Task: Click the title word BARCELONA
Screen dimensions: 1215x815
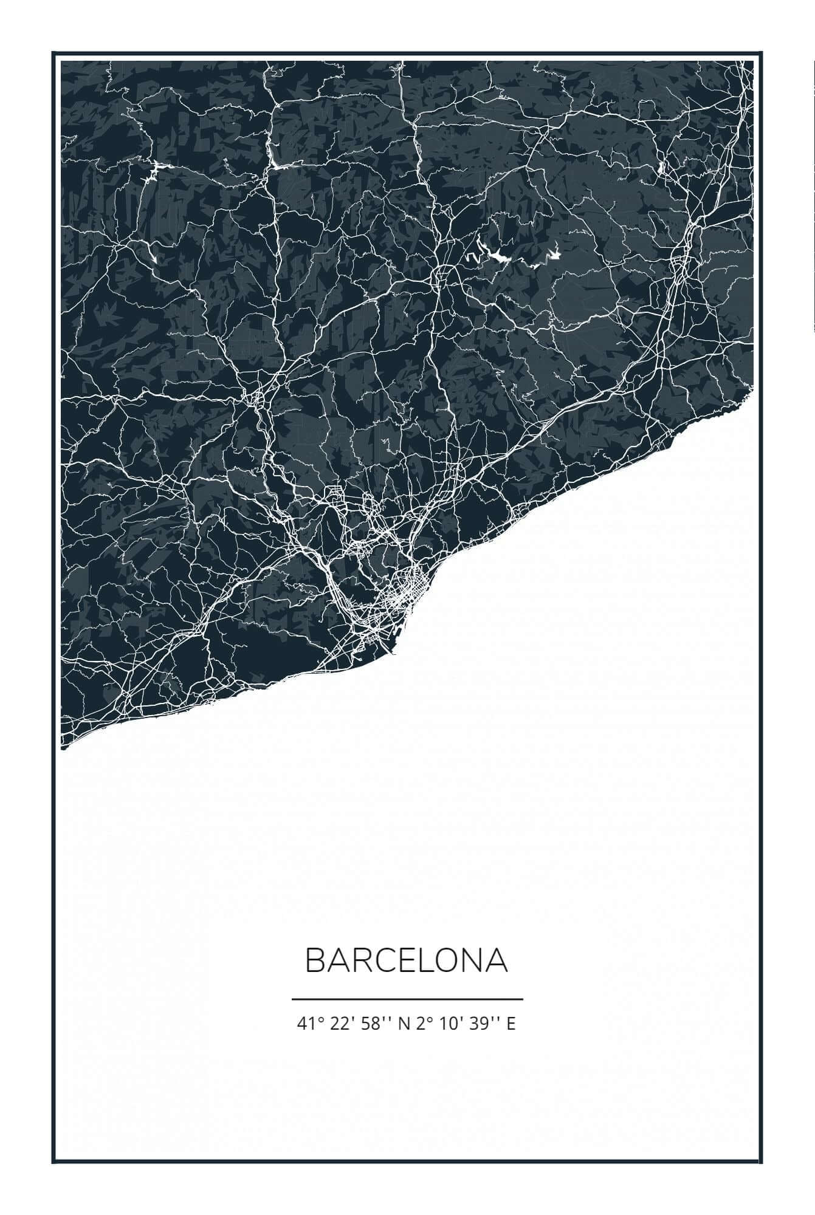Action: click(406, 960)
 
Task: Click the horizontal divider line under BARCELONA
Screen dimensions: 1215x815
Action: click(407, 999)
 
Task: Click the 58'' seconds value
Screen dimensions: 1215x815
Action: click(373, 1024)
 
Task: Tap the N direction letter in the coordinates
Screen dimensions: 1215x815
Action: click(403, 1024)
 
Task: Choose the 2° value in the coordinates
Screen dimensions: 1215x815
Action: click(424, 1024)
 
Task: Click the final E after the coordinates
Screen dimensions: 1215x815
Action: click(511, 1024)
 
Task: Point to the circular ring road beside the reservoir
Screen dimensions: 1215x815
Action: click(442, 275)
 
